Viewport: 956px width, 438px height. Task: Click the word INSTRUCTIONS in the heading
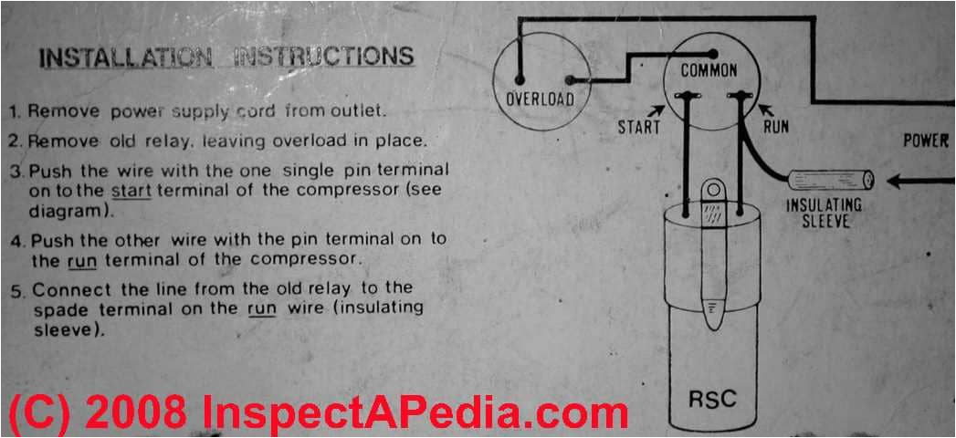(x=324, y=56)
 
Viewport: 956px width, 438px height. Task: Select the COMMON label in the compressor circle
(x=709, y=70)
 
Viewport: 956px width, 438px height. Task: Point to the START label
(x=638, y=127)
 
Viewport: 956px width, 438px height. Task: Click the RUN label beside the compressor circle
(x=774, y=127)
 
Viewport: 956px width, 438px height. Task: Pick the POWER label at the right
(x=926, y=141)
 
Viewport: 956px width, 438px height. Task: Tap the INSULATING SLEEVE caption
(x=824, y=212)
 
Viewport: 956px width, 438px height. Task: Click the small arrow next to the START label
(x=657, y=111)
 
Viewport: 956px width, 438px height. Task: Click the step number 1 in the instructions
(x=15, y=112)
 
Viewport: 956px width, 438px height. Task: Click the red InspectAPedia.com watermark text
(x=415, y=412)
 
